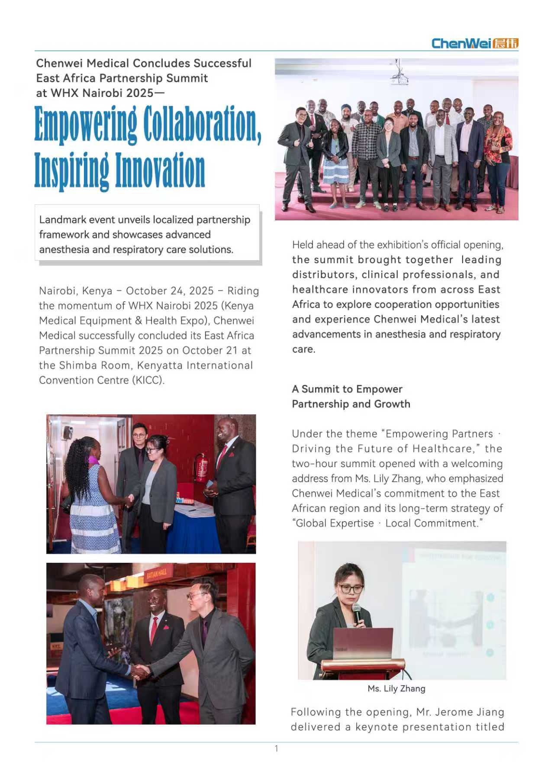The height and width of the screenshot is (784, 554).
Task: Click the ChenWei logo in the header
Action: pos(474,43)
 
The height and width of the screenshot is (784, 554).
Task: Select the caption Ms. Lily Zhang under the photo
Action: pos(396,688)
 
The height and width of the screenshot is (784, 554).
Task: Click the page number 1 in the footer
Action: pos(277,749)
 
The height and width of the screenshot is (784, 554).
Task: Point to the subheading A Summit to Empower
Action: pos(347,389)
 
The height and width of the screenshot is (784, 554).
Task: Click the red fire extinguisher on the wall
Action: pos(201,467)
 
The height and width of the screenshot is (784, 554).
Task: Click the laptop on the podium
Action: pos(363,643)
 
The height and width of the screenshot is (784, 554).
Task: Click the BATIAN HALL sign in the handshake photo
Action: pos(157,574)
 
